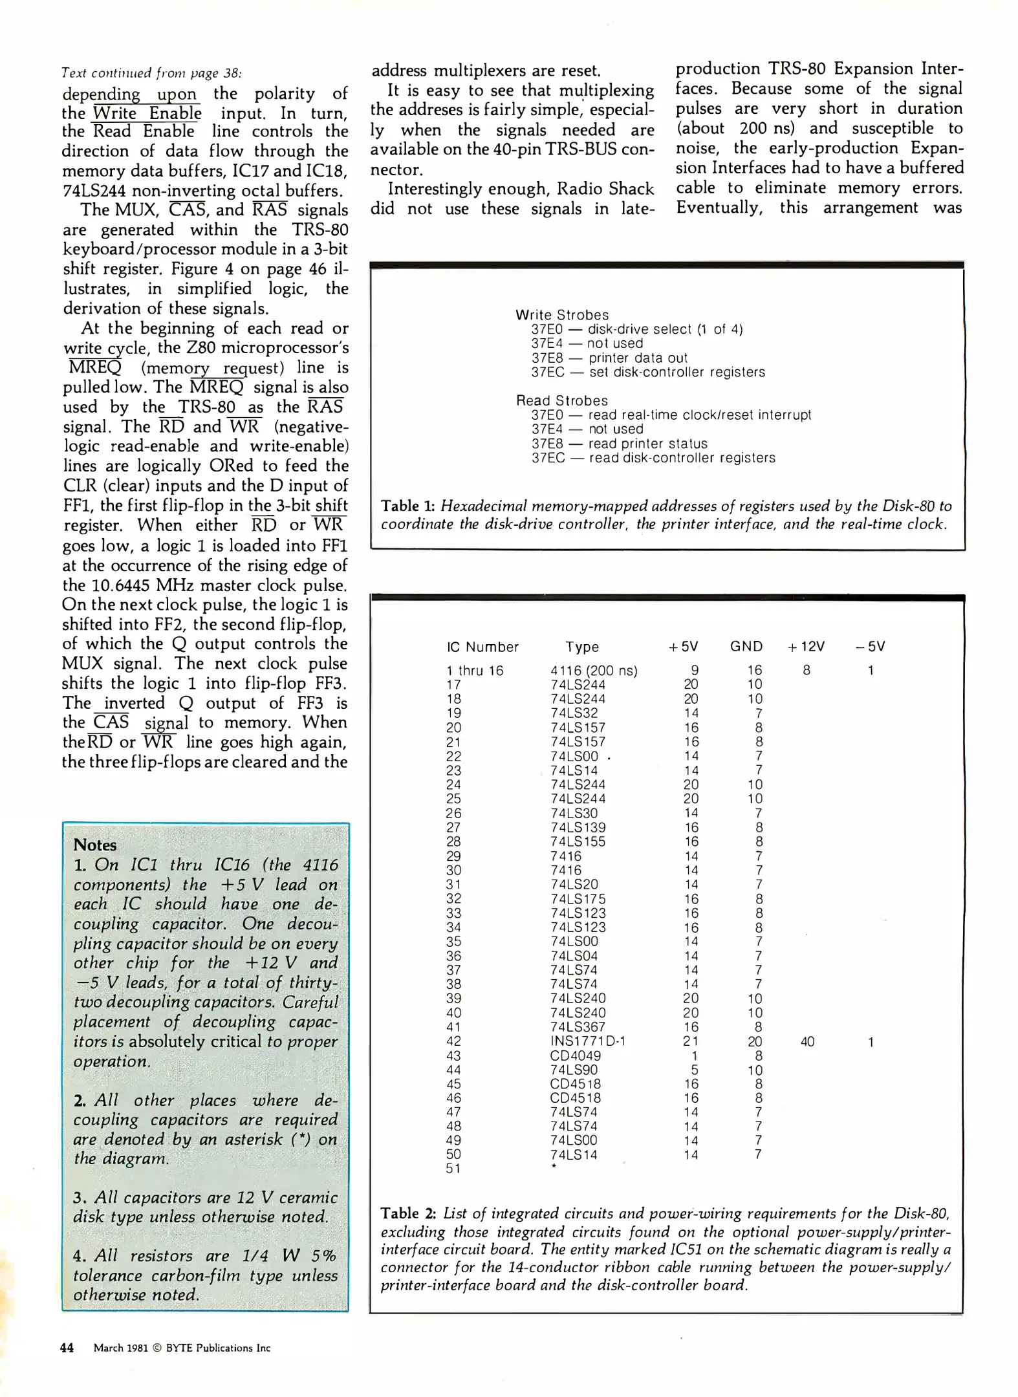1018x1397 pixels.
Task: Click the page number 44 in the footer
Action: (x=67, y=1348)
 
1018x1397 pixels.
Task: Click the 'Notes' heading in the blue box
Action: (x=95, y=845)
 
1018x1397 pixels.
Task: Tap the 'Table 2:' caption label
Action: (x=409, y=1213)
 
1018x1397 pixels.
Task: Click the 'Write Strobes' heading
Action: (x=562, y=315)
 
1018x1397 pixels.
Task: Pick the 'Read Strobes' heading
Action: (x=561, y=400)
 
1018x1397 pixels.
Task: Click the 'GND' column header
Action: (x=746, y=646)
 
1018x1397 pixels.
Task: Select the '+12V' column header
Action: (x=806, y=646)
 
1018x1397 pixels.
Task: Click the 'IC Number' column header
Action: (x=482, y=647)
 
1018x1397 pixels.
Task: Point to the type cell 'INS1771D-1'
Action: (x=587, y=1041)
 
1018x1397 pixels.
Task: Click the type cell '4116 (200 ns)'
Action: (x=594, y=671)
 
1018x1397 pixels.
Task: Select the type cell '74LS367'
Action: (x=578, y=1027)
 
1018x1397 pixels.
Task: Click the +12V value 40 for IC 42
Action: (x=807, y=1041)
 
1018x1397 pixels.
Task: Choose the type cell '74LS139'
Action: (x=578, y=827)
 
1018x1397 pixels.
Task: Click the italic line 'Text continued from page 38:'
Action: (x=152, y=72)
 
